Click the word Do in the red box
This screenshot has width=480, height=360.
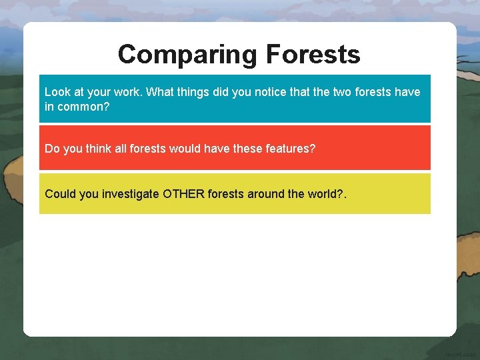[x=52, y=148]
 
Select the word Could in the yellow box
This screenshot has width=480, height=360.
[x=60, y=194]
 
